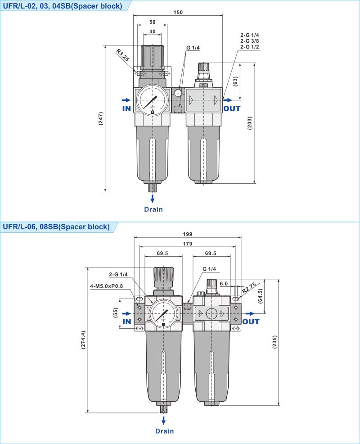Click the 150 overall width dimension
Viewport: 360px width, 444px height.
click(178, 12)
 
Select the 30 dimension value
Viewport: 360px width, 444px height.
click(152, 31)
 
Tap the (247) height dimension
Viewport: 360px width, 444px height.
click(101, 118)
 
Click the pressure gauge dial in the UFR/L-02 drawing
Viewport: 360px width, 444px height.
click(153, 100)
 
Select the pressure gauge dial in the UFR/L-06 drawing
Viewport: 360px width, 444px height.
click(163, 313)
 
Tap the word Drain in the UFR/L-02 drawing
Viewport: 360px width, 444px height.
click(153, 209)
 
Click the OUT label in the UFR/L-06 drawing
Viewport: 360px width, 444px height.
click(251, 322)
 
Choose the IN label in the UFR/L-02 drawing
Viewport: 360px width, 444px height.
click(126, 109)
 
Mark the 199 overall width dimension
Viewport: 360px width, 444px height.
click(188, 234)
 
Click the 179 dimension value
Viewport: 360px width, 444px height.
click(188, 244)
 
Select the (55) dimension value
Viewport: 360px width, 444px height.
click(116, 313)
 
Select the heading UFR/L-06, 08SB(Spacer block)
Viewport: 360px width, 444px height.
click(56, 227)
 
